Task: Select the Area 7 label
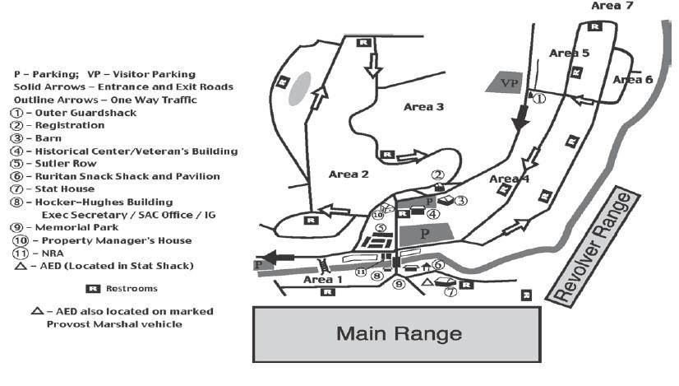[612, 6]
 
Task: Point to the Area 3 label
[424, 107]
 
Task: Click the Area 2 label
[349, 174]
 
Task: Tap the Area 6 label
[632, 79]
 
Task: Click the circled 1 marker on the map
[539, 99]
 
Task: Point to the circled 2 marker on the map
[438, 174]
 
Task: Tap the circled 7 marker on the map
[450, 291]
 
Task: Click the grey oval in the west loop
[299, 88]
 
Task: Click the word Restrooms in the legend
[131, 289]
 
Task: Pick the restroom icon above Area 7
[599, 27]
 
